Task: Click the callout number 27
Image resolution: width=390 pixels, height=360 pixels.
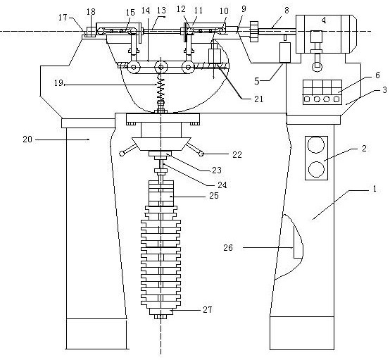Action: point(208,309)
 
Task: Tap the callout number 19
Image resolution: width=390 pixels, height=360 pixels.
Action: point(58,83)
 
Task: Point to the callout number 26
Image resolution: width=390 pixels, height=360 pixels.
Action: point(228,248)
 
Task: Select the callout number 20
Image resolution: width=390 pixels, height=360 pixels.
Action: point(27,139)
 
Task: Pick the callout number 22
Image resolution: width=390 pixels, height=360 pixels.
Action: point(237,155)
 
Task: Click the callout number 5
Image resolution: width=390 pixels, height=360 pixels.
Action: point(257,81)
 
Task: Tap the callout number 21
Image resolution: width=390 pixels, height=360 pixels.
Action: point(258,99)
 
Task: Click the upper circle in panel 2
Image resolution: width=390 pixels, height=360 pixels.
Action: point(316,145)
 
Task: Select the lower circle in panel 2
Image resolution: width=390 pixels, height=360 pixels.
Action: point(316,169)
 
